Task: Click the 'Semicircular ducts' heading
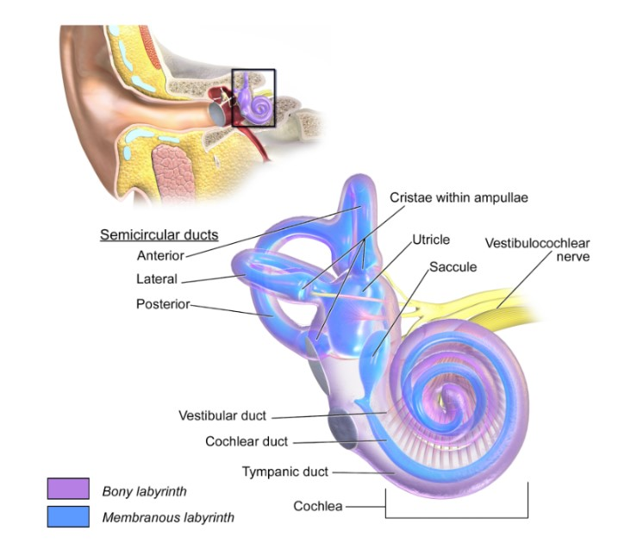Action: pos(159,234)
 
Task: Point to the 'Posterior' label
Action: pos(162,304)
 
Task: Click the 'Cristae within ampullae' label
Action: pos(458,197)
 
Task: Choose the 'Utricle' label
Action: pos(431,239)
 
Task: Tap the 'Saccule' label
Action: pos(453,267)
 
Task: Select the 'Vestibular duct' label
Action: pos(222,415)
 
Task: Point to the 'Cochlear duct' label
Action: pos(246,441)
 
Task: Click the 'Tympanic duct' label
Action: pos(284,471)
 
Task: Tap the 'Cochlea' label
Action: pos(318,506)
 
